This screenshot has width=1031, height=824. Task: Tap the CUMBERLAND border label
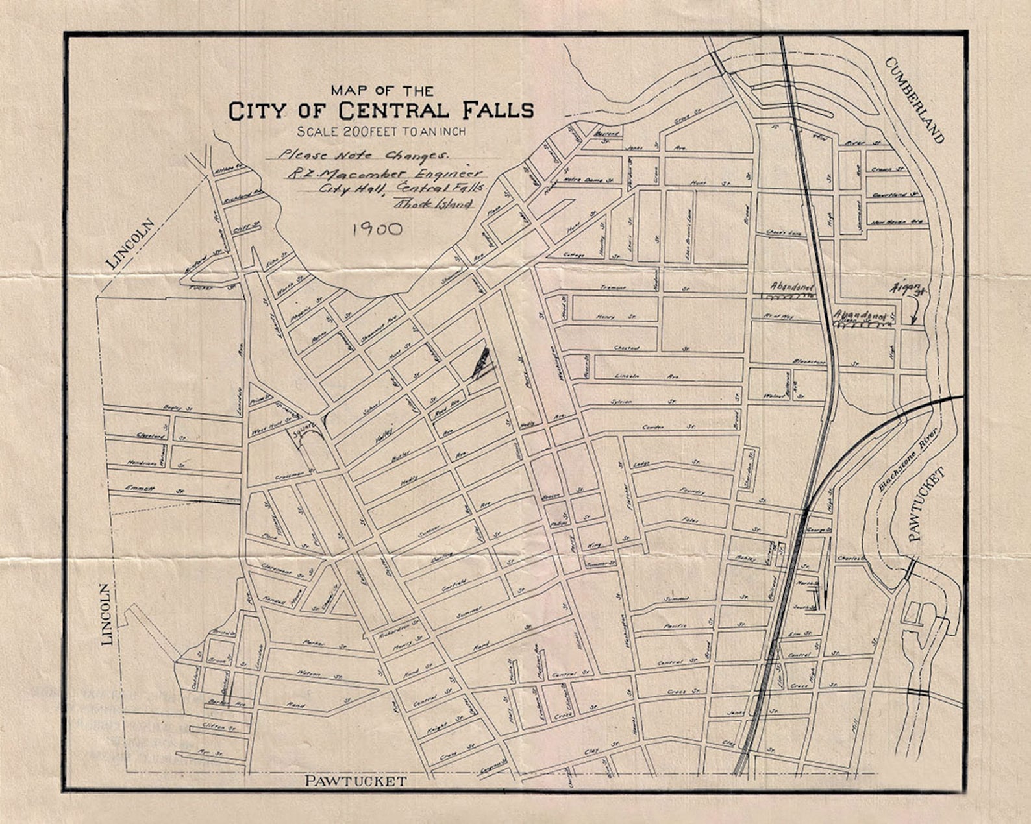pos(914,100)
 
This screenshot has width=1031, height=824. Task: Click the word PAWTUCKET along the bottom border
pos(356,781)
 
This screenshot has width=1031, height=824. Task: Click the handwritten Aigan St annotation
pos(910,289)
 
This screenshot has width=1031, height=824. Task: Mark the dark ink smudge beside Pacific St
pos(480,363)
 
